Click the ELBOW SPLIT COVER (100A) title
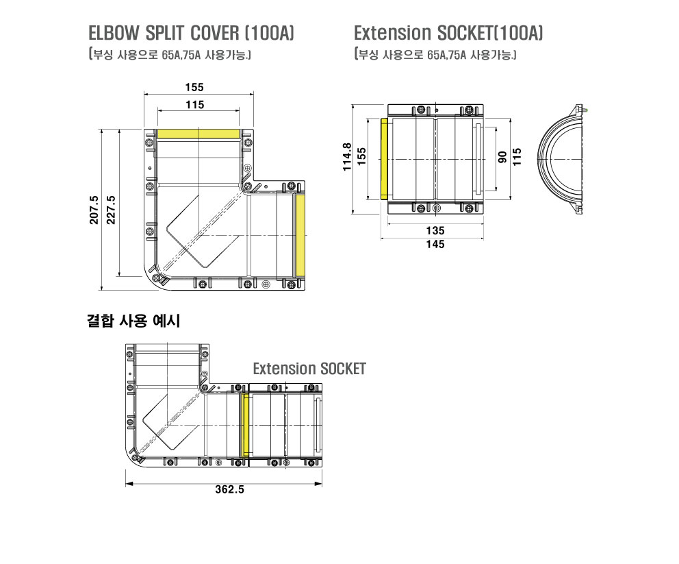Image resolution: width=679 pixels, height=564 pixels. click(x=192, y=33)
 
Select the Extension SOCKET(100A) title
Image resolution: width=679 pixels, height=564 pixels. click(x=448, y=33)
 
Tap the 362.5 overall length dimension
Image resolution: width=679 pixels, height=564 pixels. click(x=229, y=489)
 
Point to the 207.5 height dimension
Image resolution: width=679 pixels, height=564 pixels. click(x=94, y=210)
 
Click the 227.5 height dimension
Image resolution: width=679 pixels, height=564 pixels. click(x=112, y=210)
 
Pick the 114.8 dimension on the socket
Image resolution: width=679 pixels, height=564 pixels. click(x=347, y=157)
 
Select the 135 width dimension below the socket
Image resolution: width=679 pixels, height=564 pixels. click(x=435, y=231)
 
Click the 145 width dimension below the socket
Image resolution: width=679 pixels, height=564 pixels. click(x=435, y=245)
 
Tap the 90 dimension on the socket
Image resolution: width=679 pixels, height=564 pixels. click(x=502, y=157)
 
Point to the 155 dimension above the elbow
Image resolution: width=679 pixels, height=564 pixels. click(x=194, y=88)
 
